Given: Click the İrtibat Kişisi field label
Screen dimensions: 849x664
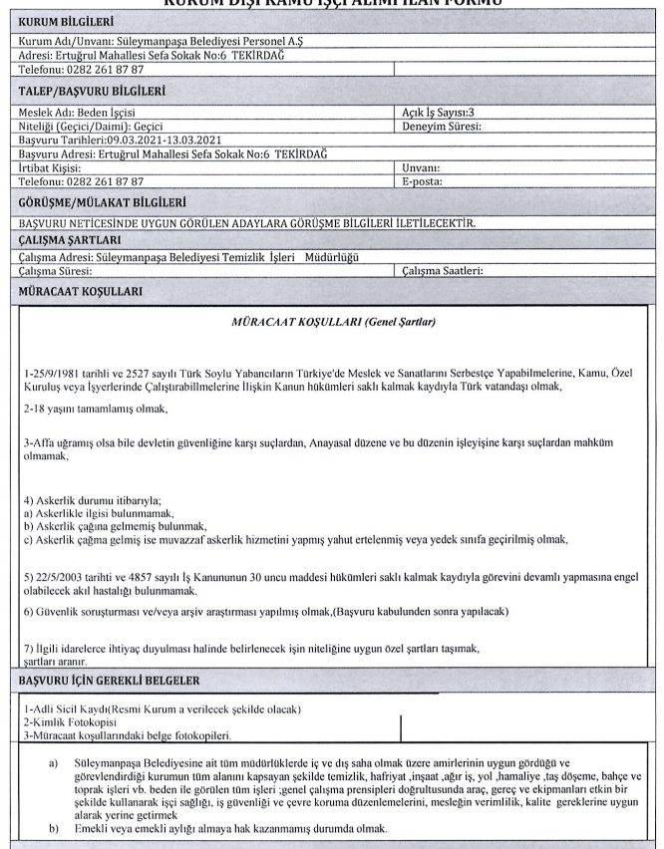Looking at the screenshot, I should pos(56,168).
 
